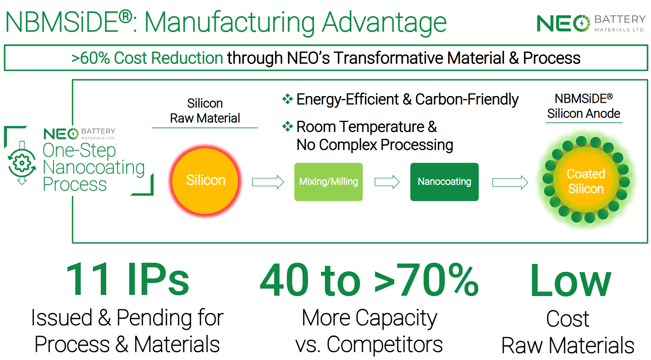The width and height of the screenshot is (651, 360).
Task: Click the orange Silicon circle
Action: (x=205, y=180)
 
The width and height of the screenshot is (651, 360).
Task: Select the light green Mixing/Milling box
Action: (x=328, y=182)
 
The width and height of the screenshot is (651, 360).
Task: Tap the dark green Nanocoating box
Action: (x=444, y=182)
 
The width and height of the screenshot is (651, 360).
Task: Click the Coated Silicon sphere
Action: (x=586, y=180)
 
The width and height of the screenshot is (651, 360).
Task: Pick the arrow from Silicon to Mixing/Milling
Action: (x=268, y=182)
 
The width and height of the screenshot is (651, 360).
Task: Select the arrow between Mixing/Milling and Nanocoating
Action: (x=387, y=182)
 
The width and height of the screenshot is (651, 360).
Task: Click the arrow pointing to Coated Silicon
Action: (x=510, y=183)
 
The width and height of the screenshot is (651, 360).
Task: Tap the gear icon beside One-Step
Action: (x=22, y=163)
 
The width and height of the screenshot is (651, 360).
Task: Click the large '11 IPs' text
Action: (x=128, y=279)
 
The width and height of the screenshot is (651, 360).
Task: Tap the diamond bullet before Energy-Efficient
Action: (x=287, y=99)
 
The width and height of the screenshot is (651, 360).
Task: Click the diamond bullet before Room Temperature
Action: (x=287, y=127)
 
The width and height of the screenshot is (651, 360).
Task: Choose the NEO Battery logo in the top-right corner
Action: (x=591, y=23)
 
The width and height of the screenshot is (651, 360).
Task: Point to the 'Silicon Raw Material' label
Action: (x=205, y=111)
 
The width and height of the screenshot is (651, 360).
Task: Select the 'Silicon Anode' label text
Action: (x=584, y=113)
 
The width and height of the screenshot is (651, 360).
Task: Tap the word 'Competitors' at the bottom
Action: (x=384, y=345)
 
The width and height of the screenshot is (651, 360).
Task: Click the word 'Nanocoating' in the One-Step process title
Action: (x=94, y=167)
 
